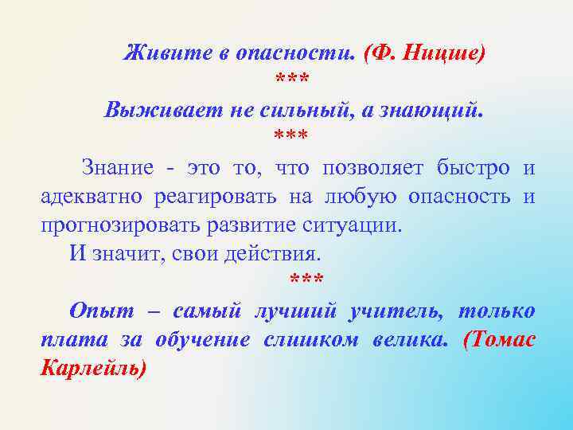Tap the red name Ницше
tap(443, 53)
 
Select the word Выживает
tap(151, 110)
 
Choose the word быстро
tap(474, 168)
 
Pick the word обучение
tap(202, 340)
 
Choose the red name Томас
tap(499, 340)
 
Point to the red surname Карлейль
tap(92, 369)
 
